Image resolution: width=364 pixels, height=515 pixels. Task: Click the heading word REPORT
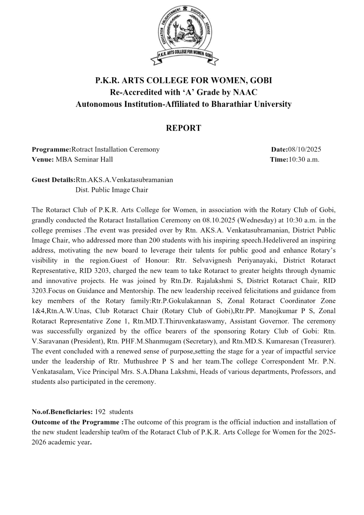click(183, 128)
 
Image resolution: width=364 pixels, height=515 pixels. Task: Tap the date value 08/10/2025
click(304, 149)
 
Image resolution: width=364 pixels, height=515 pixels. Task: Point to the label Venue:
click(42, 159)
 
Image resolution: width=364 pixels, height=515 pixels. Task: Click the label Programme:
click(51, 149)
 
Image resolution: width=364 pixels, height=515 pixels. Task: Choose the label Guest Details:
click(53, 180)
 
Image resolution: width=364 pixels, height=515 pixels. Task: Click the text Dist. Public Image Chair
click(112, 190)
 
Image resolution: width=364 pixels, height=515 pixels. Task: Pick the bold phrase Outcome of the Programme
click(76, 422)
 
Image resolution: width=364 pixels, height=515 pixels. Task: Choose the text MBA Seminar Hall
click(84, 159)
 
